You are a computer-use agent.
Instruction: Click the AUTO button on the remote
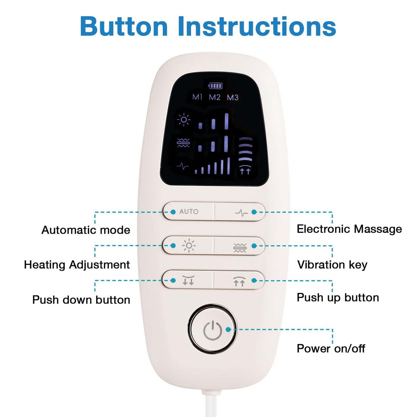[189, 212]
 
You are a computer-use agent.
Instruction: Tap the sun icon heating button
[189, 246]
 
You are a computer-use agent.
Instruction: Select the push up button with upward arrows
[239, 281]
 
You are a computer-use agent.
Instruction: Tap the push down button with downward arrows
[188, 280]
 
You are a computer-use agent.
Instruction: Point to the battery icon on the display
[216, 86]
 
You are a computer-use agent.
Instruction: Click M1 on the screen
[197, 97]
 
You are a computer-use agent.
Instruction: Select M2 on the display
[215, 97]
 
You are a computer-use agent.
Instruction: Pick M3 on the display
[233, 98]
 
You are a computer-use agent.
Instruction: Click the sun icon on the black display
[184, 119]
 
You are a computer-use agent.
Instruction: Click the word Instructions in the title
[257, 27]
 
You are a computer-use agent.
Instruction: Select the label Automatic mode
[86, 230]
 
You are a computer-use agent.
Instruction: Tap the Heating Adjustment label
[77, 265]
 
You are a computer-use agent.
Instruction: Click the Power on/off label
[331, 348]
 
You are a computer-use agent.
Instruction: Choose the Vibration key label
[332, 265]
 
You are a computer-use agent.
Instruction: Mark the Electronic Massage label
[349, 229]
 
